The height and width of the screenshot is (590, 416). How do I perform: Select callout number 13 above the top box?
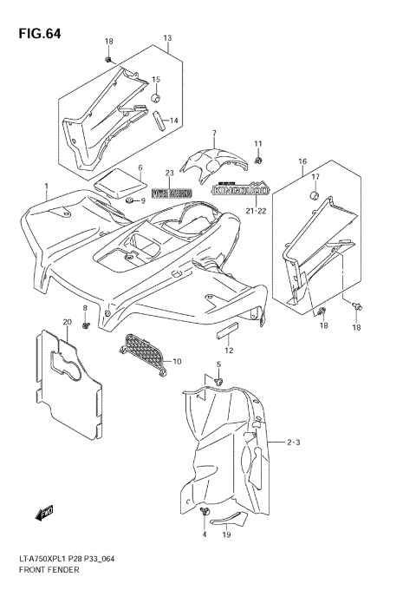coord(167,38)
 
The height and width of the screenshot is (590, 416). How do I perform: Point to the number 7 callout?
coord(212,133)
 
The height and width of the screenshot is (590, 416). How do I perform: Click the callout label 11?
coord(257,143)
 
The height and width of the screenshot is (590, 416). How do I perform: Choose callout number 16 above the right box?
coord(302,161)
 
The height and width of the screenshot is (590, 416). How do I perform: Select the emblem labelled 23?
coord(171,193)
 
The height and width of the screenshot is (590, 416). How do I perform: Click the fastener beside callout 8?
coord(87,325)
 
